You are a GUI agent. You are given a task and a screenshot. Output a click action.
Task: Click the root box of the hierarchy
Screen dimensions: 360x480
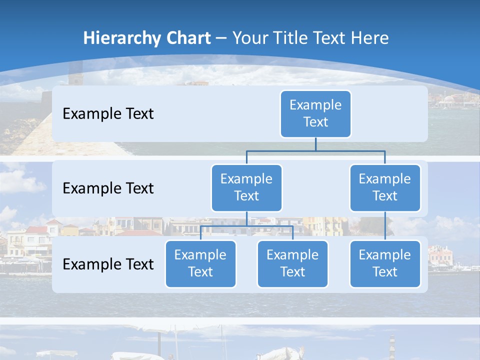tap(315, 113)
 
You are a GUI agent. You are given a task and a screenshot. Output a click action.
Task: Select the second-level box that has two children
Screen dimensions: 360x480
tap(246, 187)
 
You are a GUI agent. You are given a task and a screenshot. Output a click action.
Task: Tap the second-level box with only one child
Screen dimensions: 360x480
tap(385, 187)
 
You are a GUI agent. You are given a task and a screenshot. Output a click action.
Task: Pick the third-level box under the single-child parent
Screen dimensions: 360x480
tap(385, 263)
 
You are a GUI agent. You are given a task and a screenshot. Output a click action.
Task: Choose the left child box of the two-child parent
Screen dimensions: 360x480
tap(200, 263)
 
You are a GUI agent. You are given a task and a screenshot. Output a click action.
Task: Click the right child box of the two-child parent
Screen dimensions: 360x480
tap(292, 263)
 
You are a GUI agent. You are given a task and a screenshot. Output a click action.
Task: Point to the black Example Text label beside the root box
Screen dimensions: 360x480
tap(108, 113)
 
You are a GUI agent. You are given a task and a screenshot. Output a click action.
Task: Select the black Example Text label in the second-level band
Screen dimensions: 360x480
tap(108, 188)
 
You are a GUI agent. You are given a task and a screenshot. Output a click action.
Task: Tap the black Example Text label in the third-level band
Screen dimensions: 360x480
tap(108, 264)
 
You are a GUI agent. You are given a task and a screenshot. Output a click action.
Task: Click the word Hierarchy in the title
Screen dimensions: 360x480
tap(120, 38)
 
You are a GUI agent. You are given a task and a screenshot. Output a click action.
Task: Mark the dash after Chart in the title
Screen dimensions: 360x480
tap(221, 38)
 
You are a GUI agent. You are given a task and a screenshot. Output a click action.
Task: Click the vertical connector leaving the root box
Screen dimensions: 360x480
tap(315, 144)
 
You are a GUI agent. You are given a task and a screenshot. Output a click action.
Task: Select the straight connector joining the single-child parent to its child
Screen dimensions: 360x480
tap(385, 225)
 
